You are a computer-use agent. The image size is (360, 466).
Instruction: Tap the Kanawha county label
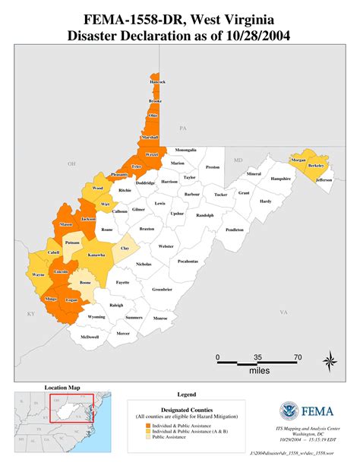[x=96, y=255]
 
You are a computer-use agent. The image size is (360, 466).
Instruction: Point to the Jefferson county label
[x=324, y=180]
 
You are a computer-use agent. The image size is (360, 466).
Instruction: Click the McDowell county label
[x=90, y=337]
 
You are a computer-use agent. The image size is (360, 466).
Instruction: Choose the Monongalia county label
[x=186, y=150]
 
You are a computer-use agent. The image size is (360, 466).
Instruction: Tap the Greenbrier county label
[x=162, y=289]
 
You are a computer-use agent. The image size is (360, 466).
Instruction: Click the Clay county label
[x=125, y=248]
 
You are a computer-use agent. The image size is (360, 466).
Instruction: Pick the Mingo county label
[x=52, y=299]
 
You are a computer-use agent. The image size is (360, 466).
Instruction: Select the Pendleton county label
[x=235, y=230]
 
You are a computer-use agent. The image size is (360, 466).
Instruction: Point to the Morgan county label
[x=298, y=160]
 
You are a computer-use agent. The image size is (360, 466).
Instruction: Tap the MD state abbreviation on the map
[x=237, y=160]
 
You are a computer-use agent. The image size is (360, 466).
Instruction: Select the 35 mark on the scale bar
[x=257, y=356]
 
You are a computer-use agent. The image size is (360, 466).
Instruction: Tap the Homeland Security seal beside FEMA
[x=289, y=412]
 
